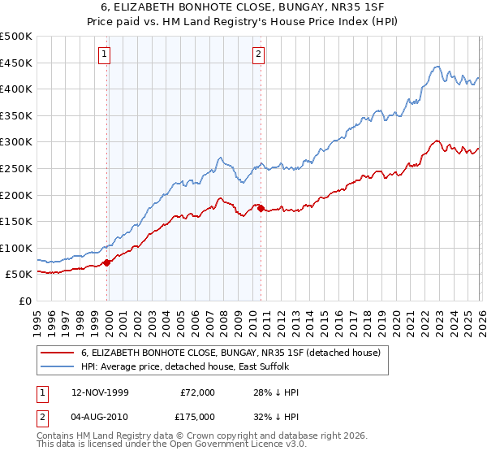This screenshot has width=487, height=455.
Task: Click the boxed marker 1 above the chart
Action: click(105, 54)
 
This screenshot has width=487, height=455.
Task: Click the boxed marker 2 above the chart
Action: click(258, 54)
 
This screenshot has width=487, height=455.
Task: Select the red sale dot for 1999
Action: click(107, 262)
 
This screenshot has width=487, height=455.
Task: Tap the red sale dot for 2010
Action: click(261, 208)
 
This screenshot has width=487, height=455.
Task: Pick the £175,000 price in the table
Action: click(198, 415)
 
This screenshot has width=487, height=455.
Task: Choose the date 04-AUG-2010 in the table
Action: click(98, 415)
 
